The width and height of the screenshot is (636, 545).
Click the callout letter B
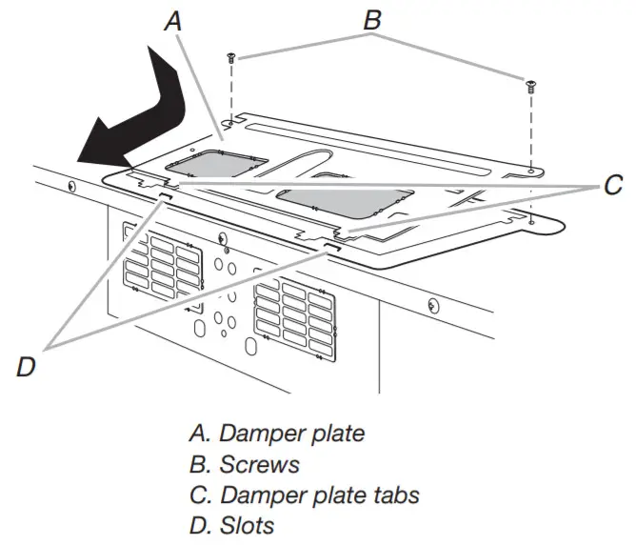click(x=373, y=18)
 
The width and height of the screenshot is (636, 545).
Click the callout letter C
click(x=612, y=186)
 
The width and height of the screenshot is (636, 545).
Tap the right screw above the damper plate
click(x=529, y=87)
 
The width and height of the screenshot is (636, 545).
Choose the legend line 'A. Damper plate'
click(x=277, y=434)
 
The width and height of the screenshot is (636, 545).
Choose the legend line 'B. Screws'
click(x=245, y=464)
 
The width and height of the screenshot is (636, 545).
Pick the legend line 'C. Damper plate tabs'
click(x=304, y=495)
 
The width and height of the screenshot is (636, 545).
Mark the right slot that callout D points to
click(x=330, y=246)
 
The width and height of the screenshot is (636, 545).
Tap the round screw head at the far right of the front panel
click(x=433, y=306)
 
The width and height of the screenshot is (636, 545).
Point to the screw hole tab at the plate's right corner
click(x=530, y=221)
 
